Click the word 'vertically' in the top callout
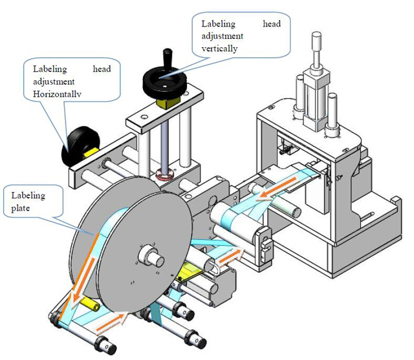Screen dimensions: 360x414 point(219,48)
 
